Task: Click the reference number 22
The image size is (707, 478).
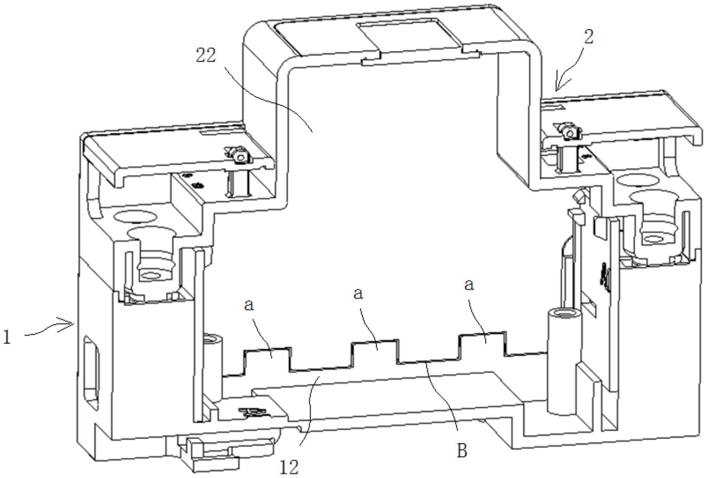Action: click(205, 55)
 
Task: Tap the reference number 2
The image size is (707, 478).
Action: click(588, 37)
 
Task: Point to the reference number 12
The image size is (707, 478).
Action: click(289, 467)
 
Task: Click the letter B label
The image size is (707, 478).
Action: click(462, 451)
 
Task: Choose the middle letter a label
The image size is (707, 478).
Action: click(358, 294)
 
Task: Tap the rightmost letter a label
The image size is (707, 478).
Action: click(469, 285)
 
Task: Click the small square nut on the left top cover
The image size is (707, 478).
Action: click(240, 156)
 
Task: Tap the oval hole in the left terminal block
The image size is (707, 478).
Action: click(135, 217)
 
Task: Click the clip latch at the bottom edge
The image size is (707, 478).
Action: click(213, 454)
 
